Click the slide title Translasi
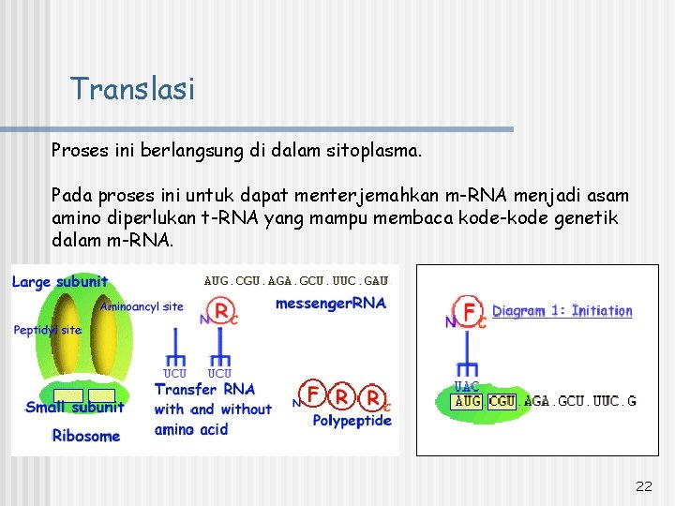[x=132, y=89]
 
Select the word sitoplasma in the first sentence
[x=375, y=150]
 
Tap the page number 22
[x=643, y=485]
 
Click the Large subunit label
[x=60, y=282]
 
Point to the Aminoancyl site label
[x=142, y=306]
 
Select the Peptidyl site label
[x=47, y=330]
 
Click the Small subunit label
[x=74, y=407]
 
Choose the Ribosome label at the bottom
[x=85, y=436]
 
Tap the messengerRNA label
[x=330, y=304]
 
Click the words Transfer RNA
[x=204, y=390]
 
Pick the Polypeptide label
[x=352, y=421]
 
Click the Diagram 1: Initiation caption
[x=562, y=311]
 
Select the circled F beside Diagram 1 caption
[x=467, y=311]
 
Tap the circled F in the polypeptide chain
[x=314, y=394]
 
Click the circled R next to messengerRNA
[x=221, y=310]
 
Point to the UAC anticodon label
[x=466, y=386]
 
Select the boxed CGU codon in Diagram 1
[x=502, y=401]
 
